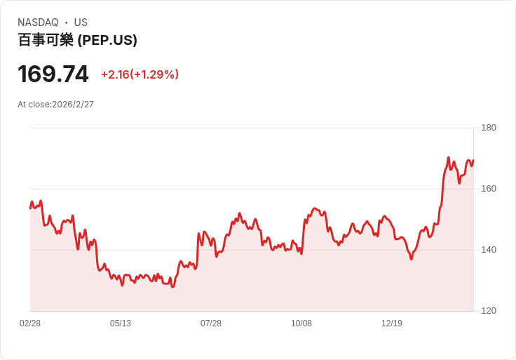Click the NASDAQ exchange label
[x=38, y=22]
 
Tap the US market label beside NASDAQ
[x=81, y=22]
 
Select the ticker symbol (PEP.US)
[x=107, y=40]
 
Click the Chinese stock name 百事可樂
[x=46, y=40]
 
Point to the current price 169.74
[x=53, y=74]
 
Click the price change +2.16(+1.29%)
[x=140, y=74]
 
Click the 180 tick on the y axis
[x=489, y=128]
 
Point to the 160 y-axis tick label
[x=489, y=189]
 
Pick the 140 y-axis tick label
[x=489, y=250]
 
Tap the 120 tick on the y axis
[x=489, y=311]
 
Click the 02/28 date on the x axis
[x=30, y=324]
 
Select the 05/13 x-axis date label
[x=121, y=324]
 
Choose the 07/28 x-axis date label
[x=211, y=324]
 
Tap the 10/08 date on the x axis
[x=301, y=324]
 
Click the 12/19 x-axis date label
[x=392, y=324]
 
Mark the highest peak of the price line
[x=448, y=158]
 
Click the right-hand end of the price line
[x=473, y=161]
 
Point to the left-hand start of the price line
[x=30, y=208]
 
